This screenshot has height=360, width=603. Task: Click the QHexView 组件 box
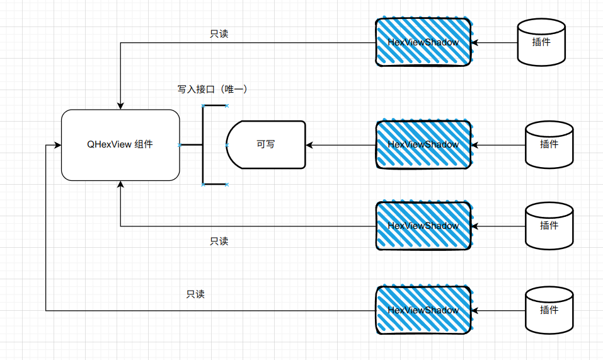coord(120,145)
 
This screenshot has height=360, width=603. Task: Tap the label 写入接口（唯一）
coord(212,90)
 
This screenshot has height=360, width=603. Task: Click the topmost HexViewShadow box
coord(423,42)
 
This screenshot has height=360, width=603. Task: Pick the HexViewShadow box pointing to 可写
coord(423,144)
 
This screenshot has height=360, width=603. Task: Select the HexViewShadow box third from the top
coord(423,226)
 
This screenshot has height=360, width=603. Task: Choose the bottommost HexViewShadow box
coord(423,310)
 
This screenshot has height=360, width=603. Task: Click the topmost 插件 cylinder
coord(541,42)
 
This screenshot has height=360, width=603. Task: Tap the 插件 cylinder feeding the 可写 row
coord(549,144)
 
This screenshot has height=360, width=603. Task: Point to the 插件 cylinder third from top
coord(549,225)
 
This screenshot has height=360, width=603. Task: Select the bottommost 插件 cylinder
coord(549,310)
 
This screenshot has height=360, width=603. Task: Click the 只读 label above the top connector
coord(219,34)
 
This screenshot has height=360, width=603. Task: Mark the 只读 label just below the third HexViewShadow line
coord(219,241)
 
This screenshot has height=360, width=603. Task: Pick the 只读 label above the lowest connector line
coord(195,294)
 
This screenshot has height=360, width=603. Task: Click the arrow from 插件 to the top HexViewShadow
coord(495,43)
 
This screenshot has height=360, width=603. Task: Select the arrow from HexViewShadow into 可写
coord(340,145)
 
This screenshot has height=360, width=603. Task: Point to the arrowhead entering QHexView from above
coord(120,105)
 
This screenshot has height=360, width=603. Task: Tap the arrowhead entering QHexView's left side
coord(57,146)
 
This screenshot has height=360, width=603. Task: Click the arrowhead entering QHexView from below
coord(120,184)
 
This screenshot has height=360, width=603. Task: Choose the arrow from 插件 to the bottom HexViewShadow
coord(498,310)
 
